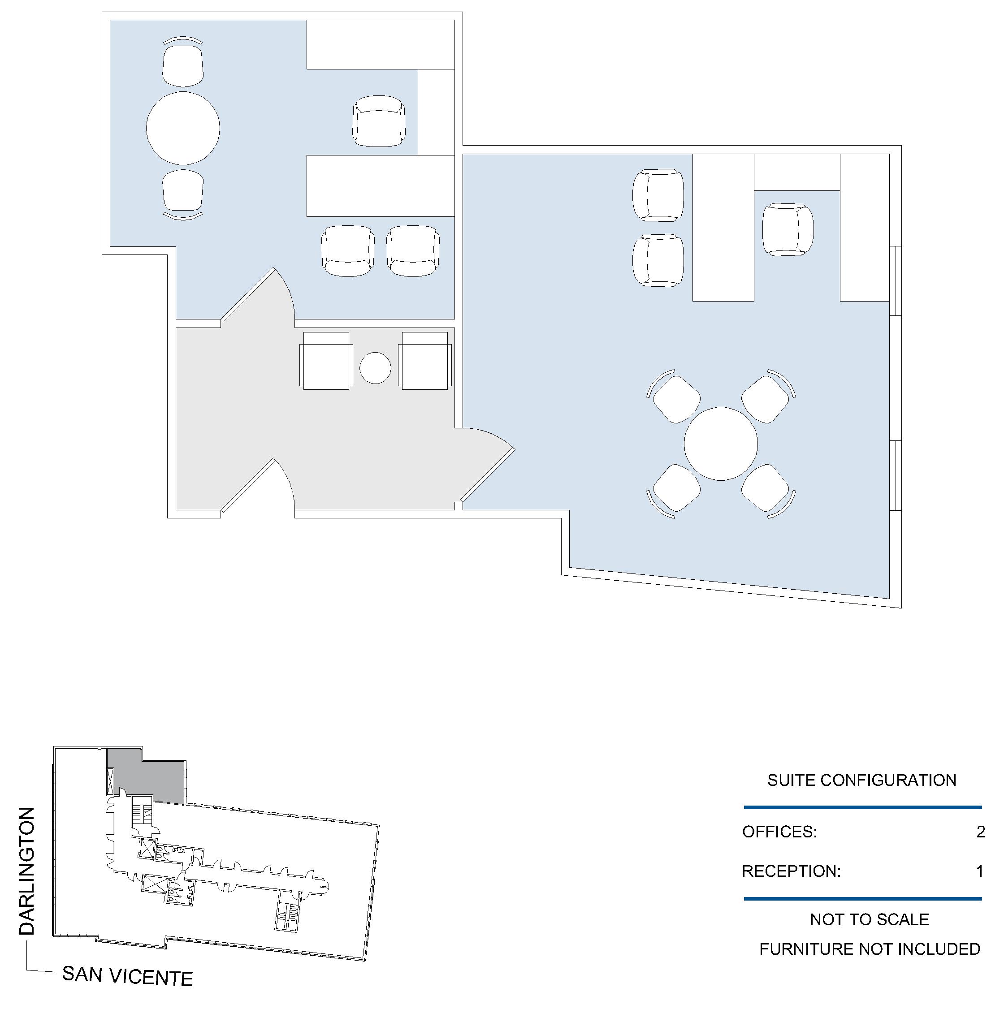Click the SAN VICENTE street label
[127, 975]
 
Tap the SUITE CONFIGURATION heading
[861, 780]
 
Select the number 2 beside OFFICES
[981, 832]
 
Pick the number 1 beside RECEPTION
[980, 871]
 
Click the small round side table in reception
[375, 368]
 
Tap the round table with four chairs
[720, 444]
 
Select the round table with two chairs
[183, 129]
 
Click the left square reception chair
[326, 361]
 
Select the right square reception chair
[425, 361]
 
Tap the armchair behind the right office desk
[788, 229]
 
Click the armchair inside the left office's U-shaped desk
[379, 121]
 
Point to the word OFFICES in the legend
[779, 832]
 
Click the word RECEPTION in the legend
[792, 871]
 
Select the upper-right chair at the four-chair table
[768, 396]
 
